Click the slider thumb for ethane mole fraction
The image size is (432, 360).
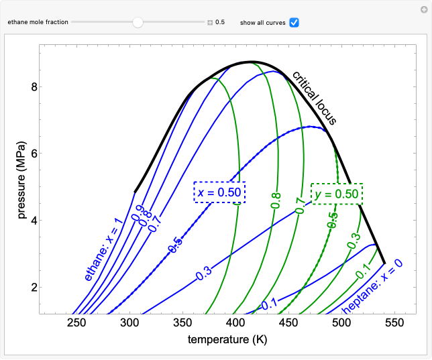138,22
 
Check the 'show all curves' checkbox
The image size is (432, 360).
294,22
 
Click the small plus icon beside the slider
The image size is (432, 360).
210,22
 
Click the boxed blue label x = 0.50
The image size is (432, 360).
219,192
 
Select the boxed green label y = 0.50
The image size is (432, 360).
337,194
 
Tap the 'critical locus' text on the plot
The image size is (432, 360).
314,98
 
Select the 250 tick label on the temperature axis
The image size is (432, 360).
77,323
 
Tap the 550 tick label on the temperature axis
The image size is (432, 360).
394,323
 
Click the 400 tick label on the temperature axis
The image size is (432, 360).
235,323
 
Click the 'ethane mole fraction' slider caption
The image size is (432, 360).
38,22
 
